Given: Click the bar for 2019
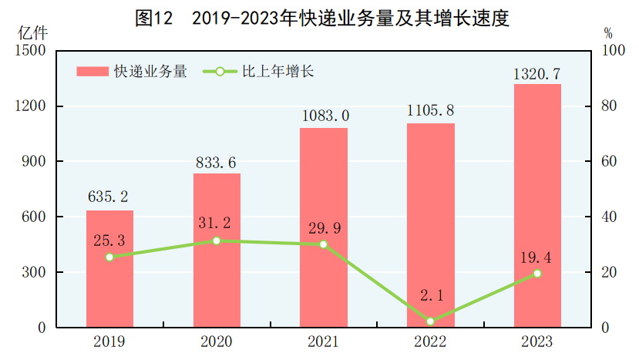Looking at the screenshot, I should coord(109,269).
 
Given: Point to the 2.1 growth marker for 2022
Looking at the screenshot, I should coord(430,321).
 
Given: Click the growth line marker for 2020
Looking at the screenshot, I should coord(217,241).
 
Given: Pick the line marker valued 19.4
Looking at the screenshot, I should coord(537,273).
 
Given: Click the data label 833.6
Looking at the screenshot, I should coord(217,162).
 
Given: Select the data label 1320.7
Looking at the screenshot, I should coord(536,73).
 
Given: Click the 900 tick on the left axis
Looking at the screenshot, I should coord(31,162).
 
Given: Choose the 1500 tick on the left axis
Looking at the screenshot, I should coord(28,51).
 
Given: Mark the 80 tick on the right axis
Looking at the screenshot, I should coord(609,106).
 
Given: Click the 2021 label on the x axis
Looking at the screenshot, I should coord(324,341).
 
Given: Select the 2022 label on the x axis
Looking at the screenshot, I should coord(430,341).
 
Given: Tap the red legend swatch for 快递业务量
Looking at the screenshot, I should coord(92,72).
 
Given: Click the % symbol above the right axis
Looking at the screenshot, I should coord(607,33).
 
